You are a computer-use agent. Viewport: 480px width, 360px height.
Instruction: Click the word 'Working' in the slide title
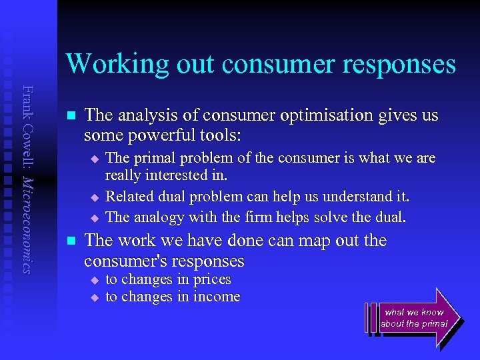pos(107,64)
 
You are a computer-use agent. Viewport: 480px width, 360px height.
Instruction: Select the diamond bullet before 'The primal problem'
pos(94,159)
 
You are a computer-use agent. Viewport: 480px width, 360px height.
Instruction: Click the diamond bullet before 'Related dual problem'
pos(94,198)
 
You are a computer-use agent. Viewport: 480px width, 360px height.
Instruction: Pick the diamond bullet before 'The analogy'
pos(94,218)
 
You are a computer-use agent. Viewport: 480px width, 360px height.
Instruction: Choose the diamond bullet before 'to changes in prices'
pos(94,281)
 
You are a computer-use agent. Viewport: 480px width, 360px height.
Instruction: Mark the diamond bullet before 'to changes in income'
pos(94,298)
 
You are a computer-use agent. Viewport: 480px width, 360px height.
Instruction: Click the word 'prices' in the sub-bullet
pos(212,279)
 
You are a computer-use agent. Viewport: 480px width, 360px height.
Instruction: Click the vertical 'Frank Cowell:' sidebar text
pos(27,127)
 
